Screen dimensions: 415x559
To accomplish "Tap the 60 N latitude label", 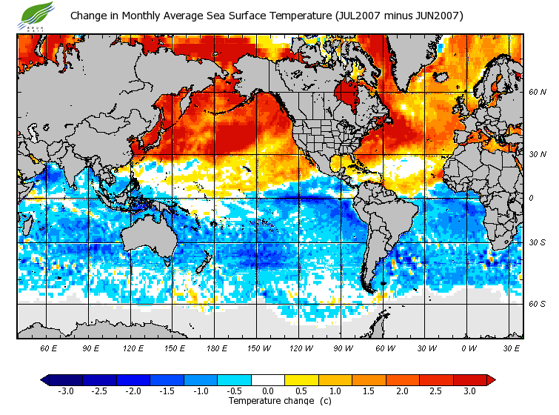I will pyautogui.click(x=538, y=92).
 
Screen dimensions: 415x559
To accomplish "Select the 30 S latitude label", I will pyautogui.click(x=538, y=243).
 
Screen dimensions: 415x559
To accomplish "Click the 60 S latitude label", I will pyautogui.click(x=538, y=304).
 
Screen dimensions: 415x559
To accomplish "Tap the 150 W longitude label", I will pyautogui.click(x=258, y=348).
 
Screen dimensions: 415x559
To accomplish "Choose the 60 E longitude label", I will pyautogui.click(x=49, y=348).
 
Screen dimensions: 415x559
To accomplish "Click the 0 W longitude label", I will pyautogui.click(x=468, y=348).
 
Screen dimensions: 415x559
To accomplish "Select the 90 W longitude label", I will pyautogui.click(x=343, y=348).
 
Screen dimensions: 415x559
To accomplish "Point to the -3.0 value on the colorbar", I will pyautogui.click(x=65, y=391).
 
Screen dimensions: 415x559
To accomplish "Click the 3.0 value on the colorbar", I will pyautogui.click(x=469, y=391).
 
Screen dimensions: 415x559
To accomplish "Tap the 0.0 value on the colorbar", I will pyautogui.click(x=267, y=391).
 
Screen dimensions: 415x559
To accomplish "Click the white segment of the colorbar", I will pyautogui.click(x=267, y=379).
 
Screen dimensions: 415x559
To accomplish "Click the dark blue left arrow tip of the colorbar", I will pyautogui.click(x=44, y=379).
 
